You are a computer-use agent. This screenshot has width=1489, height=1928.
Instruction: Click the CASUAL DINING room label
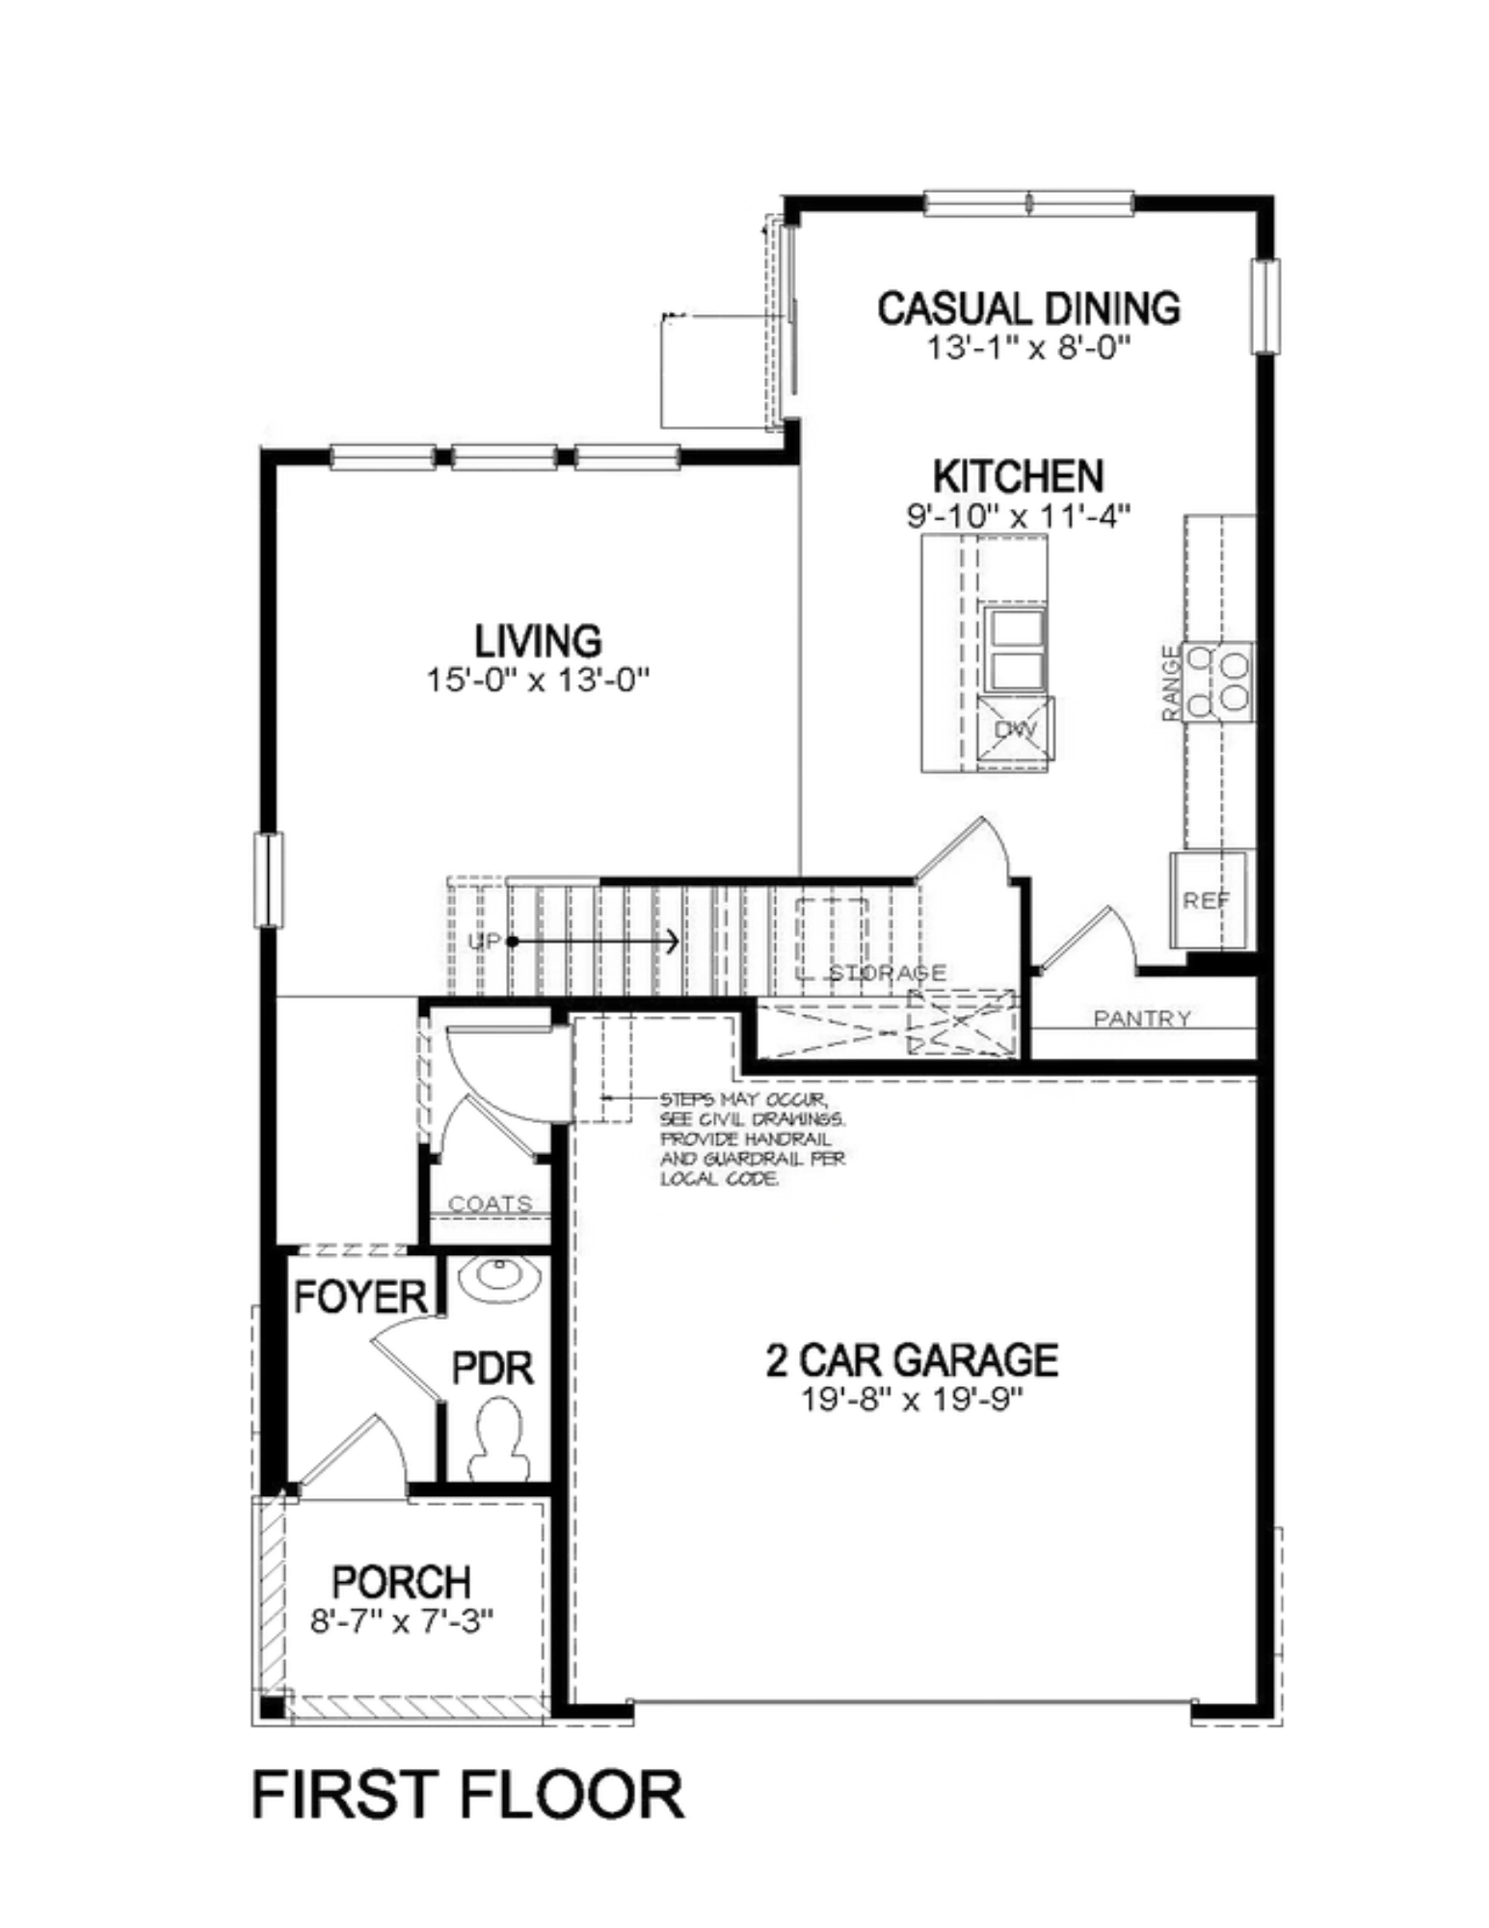click(x=1027, y=308)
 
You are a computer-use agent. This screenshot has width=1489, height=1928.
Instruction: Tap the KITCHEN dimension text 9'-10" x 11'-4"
click(x=1017, y=516)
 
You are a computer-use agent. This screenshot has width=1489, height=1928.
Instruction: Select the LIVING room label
click(x=538, y=641)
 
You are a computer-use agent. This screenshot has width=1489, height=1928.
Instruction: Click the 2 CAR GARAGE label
click(x=911, y=1359)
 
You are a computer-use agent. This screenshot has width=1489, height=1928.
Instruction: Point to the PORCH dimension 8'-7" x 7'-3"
click(x=402, y=1621)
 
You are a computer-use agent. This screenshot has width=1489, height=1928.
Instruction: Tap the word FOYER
click(x=359, y=1297)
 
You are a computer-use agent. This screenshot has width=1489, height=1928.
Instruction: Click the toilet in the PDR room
click(x=498, y=1439)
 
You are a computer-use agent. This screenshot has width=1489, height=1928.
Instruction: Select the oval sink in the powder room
click(x=498, y=1277)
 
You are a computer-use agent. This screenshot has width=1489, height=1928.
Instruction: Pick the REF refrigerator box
click(x=1207, y=899)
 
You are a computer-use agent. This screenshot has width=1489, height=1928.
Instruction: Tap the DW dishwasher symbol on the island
click(x=1014, y=730)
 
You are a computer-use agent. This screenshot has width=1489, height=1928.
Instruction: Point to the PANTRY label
click(x=1142, y=1018)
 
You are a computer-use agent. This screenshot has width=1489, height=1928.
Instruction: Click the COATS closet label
click(x=490, y=1203)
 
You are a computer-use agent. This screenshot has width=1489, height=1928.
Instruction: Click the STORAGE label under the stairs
click(x=888, y=972)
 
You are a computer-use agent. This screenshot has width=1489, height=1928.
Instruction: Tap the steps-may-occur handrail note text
click(x=752, y=1138)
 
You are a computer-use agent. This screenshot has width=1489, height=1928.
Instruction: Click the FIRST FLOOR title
click(x=467, y=1795)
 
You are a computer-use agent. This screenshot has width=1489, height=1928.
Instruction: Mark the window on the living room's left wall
click(x=269, y=879)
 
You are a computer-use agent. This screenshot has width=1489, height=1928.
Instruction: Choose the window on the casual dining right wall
click(x=1265, y=307)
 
